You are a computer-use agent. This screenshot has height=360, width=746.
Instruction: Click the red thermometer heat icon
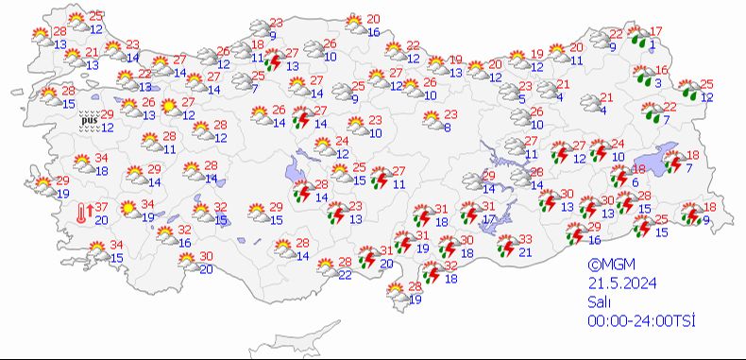click(x=83, y=213)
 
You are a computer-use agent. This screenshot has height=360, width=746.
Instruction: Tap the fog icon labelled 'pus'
click(x=89, y=120)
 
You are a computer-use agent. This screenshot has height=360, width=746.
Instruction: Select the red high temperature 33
click(x=526, y=239)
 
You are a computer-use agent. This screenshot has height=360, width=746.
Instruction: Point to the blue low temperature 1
click(x=653, y=43)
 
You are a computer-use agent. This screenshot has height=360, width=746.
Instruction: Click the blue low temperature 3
click(x=658, y=83)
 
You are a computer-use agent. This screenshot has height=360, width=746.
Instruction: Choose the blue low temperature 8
click(x=446, y=127)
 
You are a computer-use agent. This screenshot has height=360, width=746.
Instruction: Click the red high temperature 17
click(x=657, y=31)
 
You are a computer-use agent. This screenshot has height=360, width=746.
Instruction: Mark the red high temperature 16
click(x=662, y=71)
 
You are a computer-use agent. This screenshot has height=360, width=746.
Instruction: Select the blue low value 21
click(x=526, y=251)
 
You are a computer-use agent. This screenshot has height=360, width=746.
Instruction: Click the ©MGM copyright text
click(x=607, y=266)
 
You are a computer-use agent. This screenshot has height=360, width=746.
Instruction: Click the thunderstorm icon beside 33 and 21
click(x=505, y=245)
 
